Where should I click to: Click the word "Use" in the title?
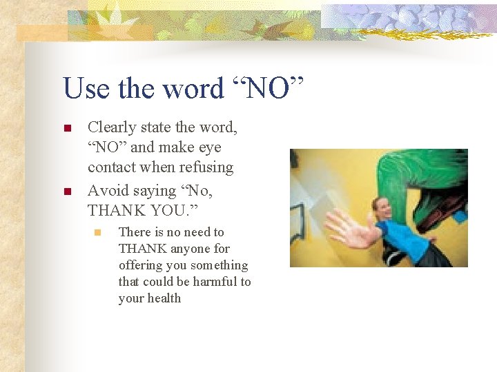click(x=85, y=89)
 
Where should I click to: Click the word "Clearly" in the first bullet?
click(x=112, y=127)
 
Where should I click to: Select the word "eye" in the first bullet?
click(x=208, y=147)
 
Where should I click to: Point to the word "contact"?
click(x=111, y=167)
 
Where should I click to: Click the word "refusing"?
click(x=206, y=167)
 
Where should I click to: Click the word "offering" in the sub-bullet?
click(x=142, y=265)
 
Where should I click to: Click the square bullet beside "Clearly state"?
click(x=67, y=128)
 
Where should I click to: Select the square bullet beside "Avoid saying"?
click(x=67, y=190)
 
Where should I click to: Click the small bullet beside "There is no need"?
click(x=97, y=233)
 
